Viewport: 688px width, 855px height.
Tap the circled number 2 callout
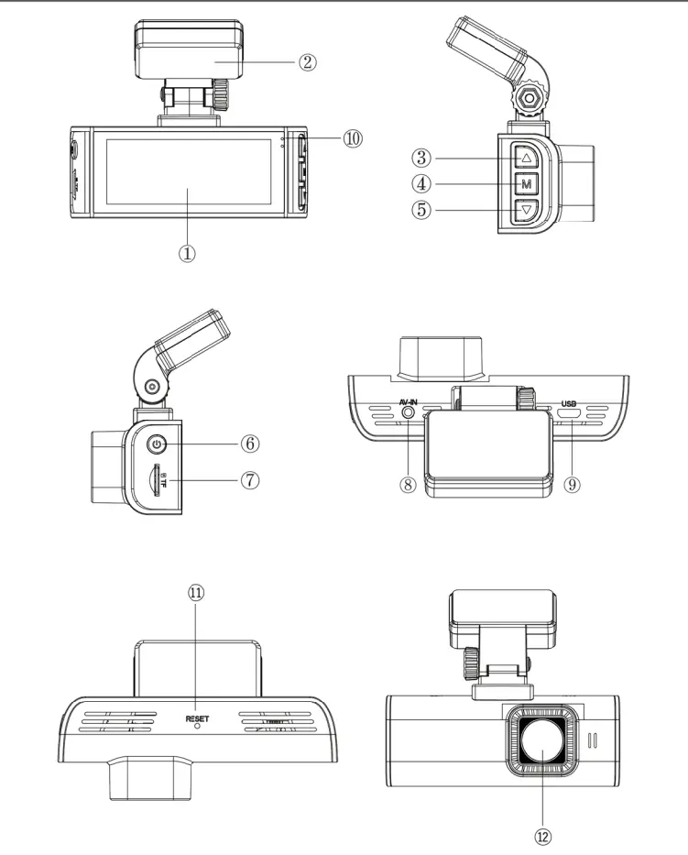(x=307, y=62)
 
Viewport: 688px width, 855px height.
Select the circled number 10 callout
(x=353, y=138)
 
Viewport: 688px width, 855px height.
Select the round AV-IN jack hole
(x=406, y=414)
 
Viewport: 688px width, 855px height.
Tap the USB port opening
(x=569, y=415)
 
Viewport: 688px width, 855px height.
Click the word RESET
(x=197, y=718)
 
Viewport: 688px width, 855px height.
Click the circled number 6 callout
(x=250, y=444)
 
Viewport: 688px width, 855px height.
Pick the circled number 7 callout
(x=250, y=479)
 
